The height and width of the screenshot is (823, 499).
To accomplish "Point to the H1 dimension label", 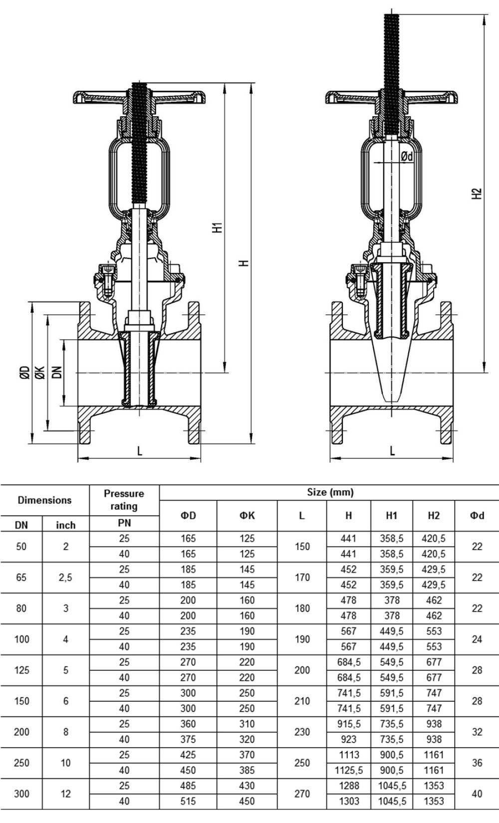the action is point(218,227).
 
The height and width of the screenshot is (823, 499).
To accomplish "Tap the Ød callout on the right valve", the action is point(407,157).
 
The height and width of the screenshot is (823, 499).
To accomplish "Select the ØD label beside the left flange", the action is point(25,372).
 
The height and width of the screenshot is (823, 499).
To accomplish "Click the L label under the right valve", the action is point(392,451).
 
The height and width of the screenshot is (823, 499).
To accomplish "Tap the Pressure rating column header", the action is point(124,500).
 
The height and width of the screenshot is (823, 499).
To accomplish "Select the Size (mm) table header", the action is point(330,492).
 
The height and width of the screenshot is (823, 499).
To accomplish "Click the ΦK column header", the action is point(247,515).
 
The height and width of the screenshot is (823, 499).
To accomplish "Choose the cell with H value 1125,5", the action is point(349,770).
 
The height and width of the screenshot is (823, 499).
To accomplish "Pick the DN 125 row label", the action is point(21,670).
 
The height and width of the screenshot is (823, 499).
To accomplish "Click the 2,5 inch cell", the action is point(65,578).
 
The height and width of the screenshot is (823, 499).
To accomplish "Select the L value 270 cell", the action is point(302,794).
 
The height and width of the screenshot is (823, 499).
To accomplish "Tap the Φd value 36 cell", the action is point(477,763).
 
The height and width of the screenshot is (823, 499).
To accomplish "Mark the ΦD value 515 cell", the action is point(188,801).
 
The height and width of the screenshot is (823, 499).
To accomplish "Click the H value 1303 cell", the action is point(349,801).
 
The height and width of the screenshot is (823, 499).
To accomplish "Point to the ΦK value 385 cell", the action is point(247,770).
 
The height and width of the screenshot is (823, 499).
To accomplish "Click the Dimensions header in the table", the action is point(44,500).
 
